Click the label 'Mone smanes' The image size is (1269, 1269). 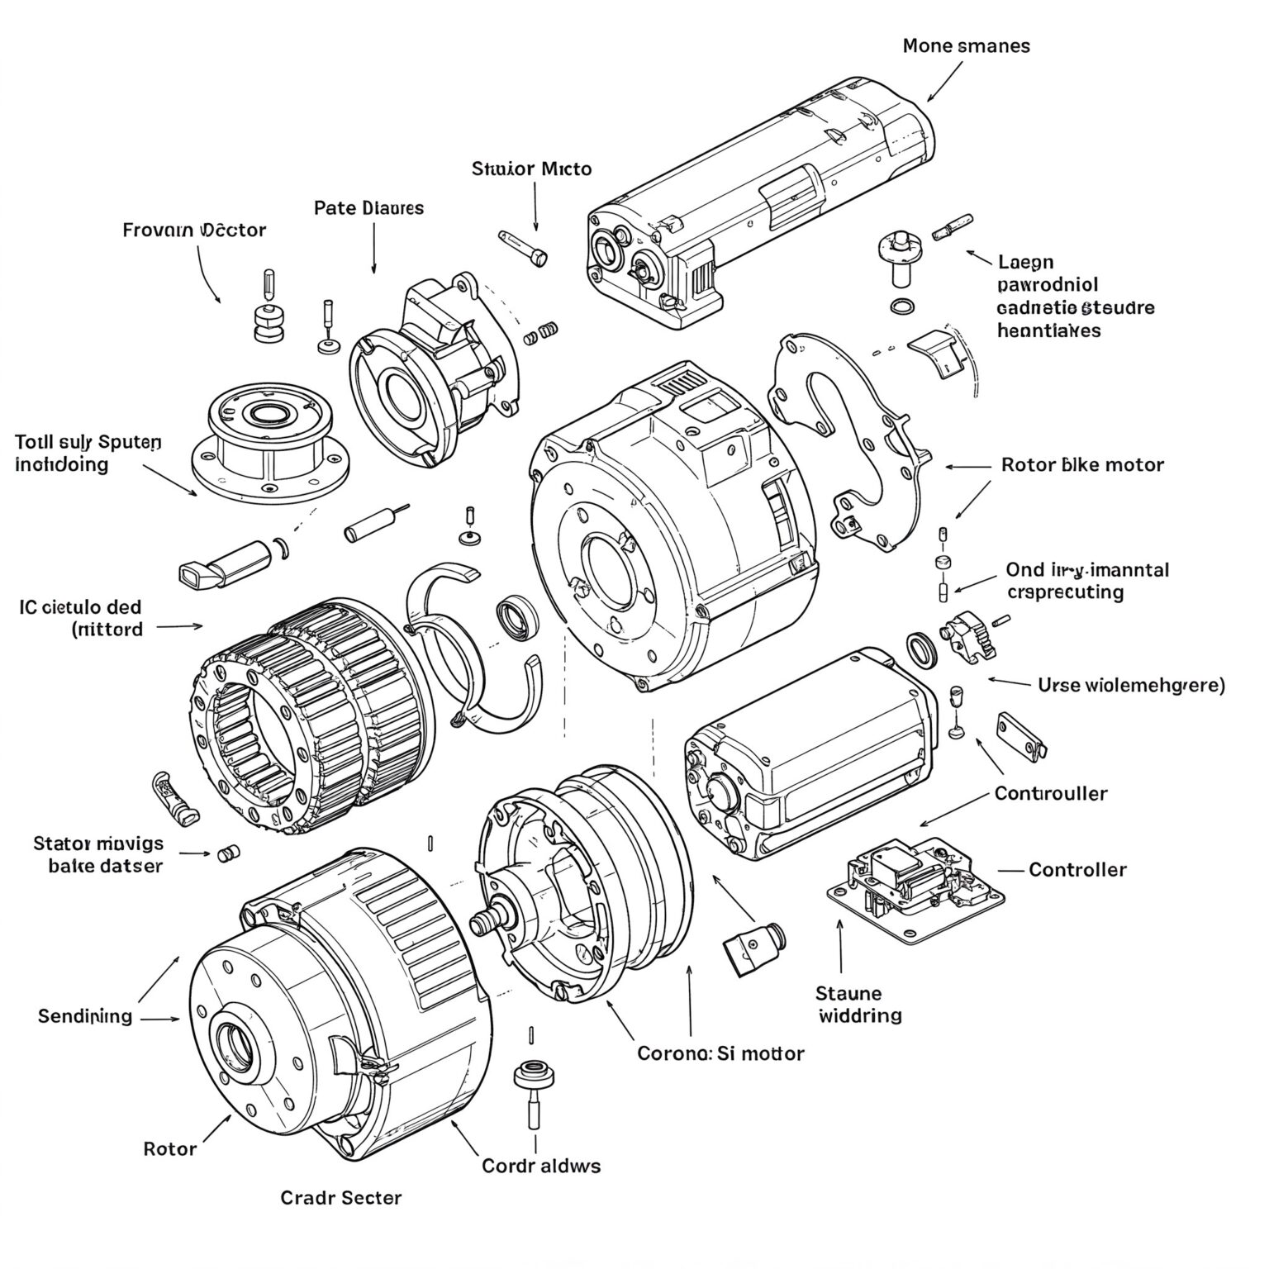coord(966,45)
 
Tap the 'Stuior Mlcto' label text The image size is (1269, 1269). coord(531,169)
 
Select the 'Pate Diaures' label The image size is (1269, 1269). coord(368,207)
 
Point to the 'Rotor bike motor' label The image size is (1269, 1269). coord(1081,464)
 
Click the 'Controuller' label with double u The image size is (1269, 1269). coord(1050,793)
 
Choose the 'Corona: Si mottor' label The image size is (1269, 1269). coord(720,1053)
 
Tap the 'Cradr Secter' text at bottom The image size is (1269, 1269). coord(341,1197)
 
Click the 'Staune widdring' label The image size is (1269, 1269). coord(859,1004)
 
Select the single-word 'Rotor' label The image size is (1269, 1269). coord(170,1148)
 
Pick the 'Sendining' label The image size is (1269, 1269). coord(85,1015)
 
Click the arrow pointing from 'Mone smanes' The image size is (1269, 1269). coord(943,81)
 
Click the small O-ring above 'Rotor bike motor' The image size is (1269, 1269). coord(903,306)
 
